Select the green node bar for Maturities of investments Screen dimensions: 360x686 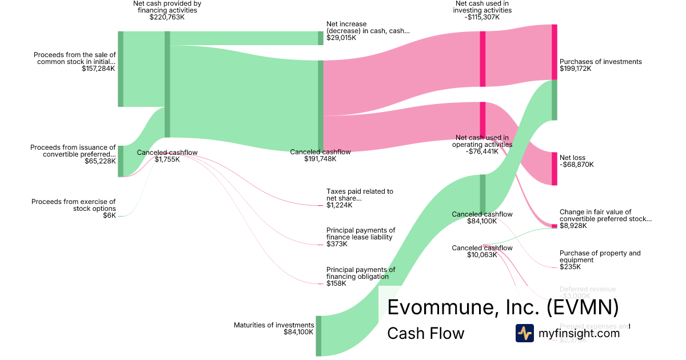(318, 335)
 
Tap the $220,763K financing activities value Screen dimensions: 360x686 (167, 17)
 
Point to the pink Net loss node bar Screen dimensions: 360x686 (554, 169)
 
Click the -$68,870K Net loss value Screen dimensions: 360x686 (576, 165)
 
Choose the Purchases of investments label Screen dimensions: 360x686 (600, 62)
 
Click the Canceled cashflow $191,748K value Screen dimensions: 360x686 (320, 159)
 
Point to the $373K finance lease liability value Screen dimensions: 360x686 (337, 244)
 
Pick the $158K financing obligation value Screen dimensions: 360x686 (336, 283)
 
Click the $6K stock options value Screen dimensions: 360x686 (109, 215)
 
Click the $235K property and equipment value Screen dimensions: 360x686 (570, 267)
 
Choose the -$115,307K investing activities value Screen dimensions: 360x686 (482, 17)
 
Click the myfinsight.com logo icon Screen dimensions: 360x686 (524, 333)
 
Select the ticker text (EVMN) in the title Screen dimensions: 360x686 (583, 307)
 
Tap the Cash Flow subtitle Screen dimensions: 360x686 (425, 333)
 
